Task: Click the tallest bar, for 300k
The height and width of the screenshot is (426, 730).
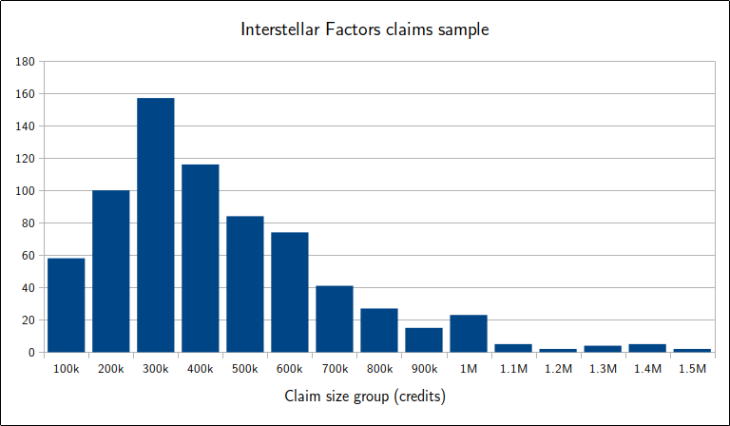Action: [x=155, y=225]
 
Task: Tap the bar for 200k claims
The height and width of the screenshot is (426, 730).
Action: [x=110, y=271]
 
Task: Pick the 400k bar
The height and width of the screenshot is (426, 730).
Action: [x=200, y=259]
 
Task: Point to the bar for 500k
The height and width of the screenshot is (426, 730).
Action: [x=244, y=284]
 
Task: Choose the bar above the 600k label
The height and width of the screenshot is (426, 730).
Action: [x=289, y=292]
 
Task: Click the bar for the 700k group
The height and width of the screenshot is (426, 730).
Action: [x=334, y=319]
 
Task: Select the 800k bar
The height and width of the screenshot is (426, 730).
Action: [x=378, y=330]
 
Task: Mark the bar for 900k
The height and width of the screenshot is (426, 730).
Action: [x=423, y=339]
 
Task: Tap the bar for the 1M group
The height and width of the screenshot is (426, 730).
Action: [x=468, y=334]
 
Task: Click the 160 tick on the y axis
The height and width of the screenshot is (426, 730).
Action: [x=26, y=94]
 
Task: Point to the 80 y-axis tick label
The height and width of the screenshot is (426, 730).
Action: [x=29, y=223]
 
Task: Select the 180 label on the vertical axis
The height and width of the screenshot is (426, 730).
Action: [x=26, y=62]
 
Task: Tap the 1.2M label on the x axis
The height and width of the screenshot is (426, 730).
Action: [x=557, y=369]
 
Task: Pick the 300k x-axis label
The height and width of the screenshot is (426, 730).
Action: [x=155, y=369]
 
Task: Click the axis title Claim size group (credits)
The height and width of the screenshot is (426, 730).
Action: [x=365, y=395]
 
